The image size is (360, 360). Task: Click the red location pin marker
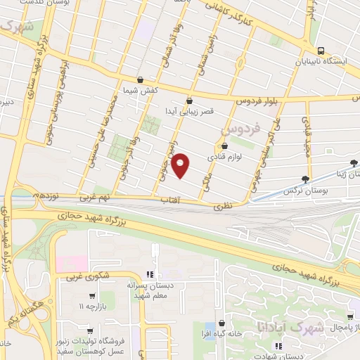coord(181,165)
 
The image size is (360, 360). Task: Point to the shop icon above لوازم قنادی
coord(224,146)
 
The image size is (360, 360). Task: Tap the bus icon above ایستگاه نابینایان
coord(321,51)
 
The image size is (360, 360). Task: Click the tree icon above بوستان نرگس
coord(305,179)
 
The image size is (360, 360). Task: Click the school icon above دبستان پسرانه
coord(149,274)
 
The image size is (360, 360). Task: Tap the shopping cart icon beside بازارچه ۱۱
coord(92,296)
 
